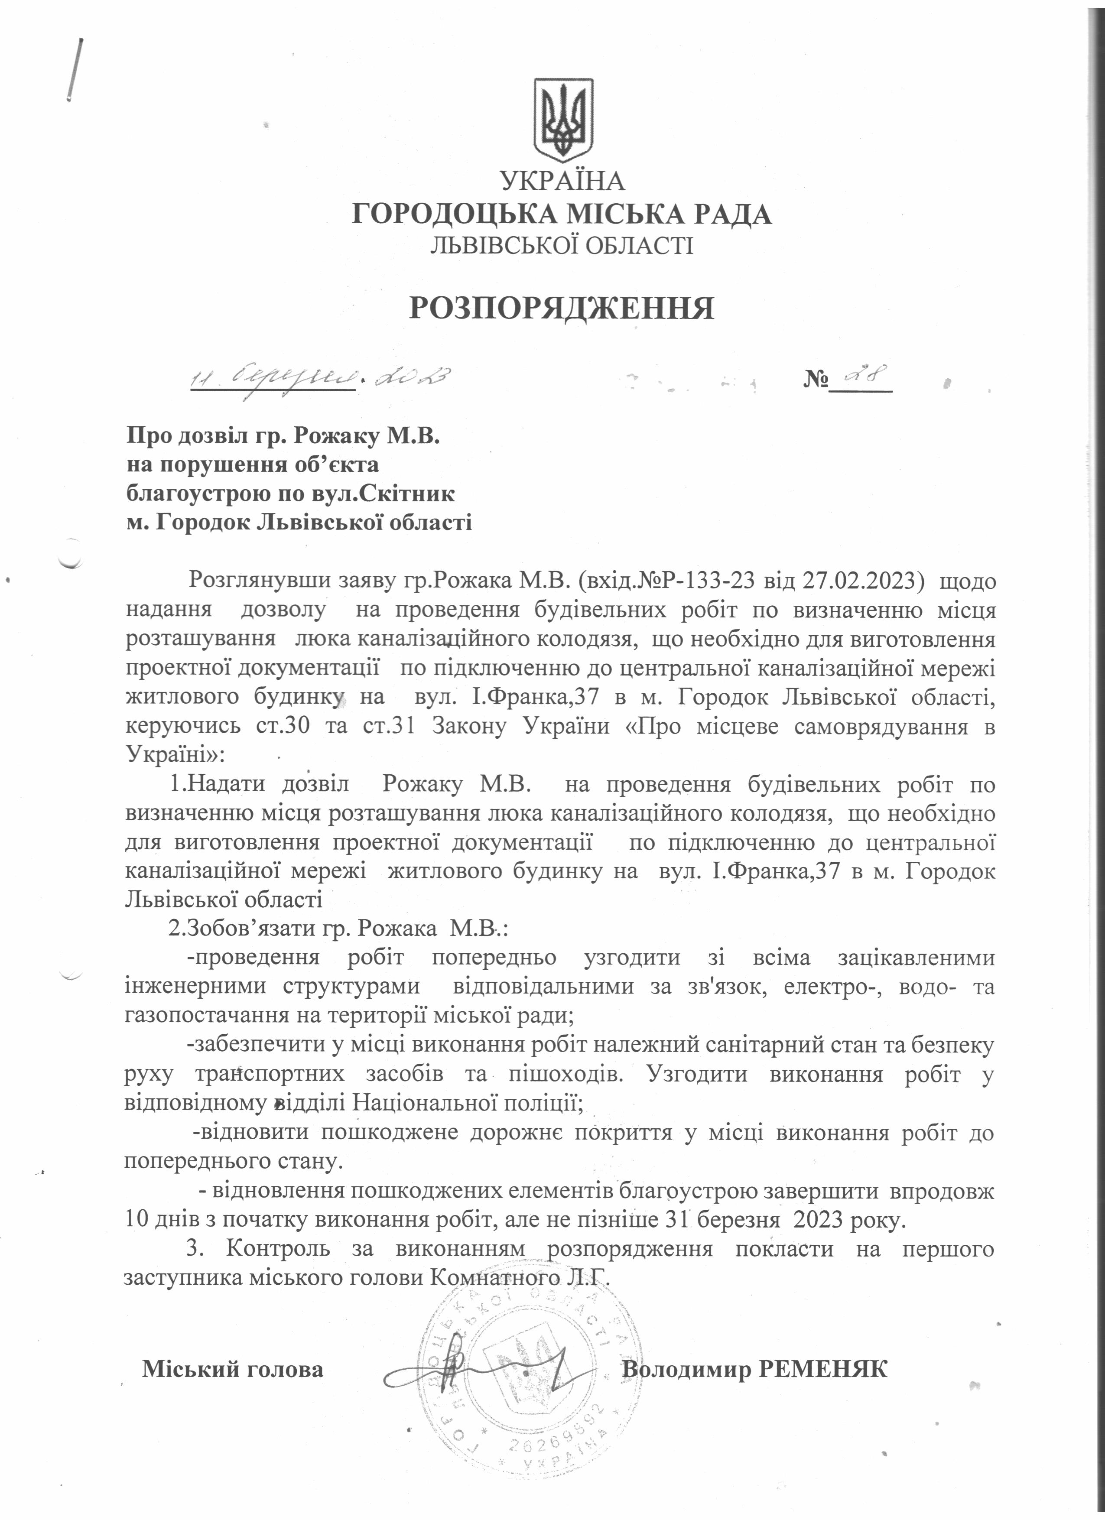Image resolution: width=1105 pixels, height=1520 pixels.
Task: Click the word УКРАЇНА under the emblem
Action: coord(563,181)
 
